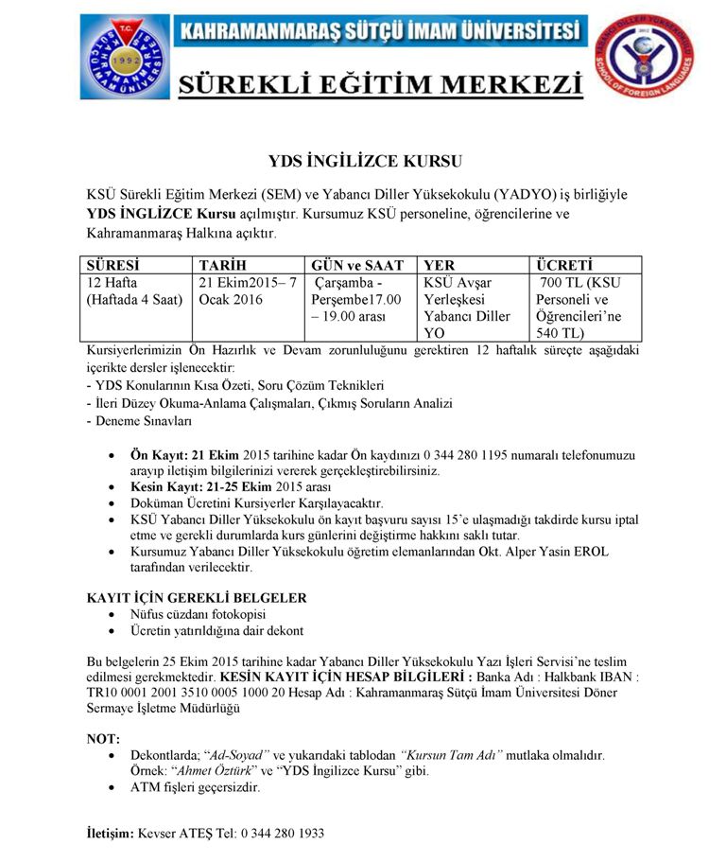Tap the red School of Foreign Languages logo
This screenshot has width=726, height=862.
pos(643,57)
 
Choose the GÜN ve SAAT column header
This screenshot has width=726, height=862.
pos(357,266)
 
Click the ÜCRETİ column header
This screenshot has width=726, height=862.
pos(565,266)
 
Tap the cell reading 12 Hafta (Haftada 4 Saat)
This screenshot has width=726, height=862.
pos(133,291)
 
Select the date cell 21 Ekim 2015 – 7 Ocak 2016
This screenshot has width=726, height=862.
pos(248,291)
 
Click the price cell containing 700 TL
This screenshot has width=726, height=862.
pos(584,308)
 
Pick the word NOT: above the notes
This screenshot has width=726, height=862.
pos(102,738)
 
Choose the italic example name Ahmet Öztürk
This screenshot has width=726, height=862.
pos(213,771)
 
